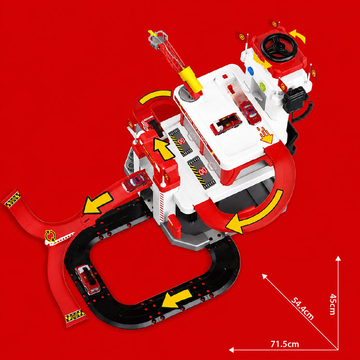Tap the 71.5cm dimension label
(285, 344)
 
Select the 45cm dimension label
(333, 304)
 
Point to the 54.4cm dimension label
(302, 309)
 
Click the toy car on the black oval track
(87, 279)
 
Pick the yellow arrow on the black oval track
(177, 298)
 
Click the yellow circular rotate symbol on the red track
(50, 235)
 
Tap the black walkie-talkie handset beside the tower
(295, 99)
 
